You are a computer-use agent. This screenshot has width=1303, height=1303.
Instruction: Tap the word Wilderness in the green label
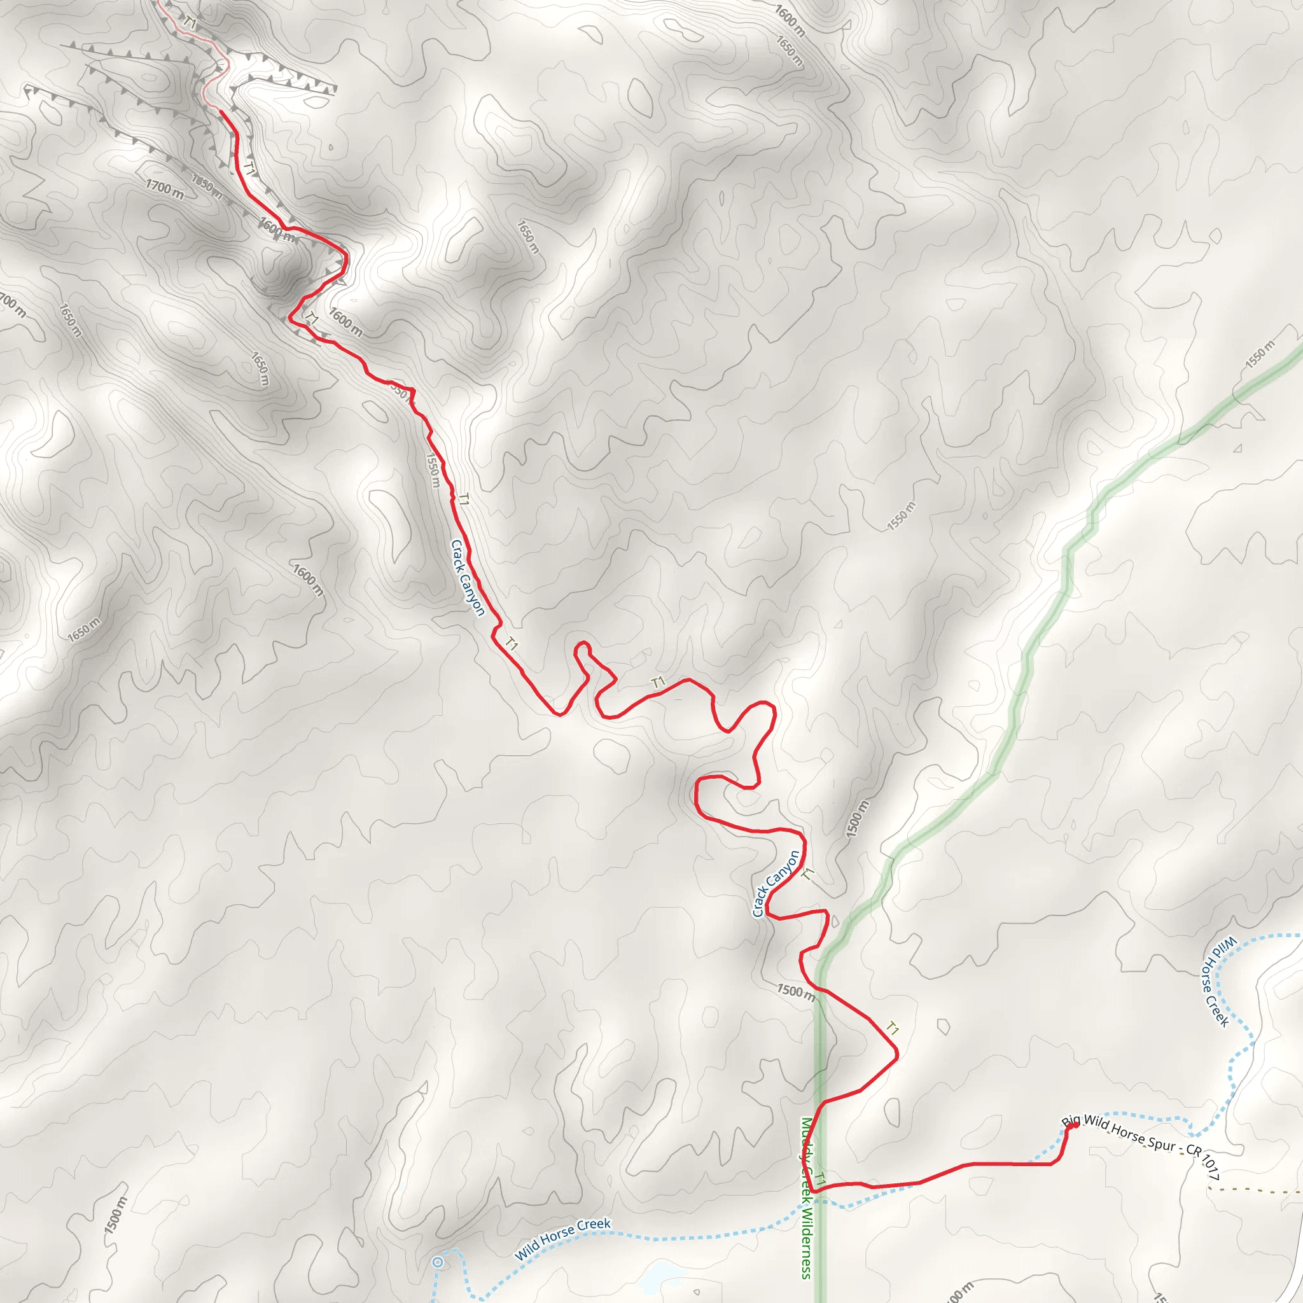click(806, 1244)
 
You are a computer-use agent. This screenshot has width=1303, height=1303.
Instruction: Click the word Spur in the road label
click(1161, 1143)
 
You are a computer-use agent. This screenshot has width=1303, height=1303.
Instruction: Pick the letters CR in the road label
click(1194, 1150)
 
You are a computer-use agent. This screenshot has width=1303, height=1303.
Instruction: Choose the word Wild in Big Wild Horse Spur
click(1096, 1123)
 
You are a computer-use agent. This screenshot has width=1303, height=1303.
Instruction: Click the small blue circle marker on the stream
click(438, 1262)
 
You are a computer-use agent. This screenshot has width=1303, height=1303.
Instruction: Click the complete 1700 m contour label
click(165, 189)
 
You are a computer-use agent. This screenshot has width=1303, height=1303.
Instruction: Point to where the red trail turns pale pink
click(221, 110)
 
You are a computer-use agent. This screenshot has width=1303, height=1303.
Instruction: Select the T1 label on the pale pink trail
click(190, 24)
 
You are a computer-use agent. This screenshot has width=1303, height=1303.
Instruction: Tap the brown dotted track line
click(1255, 1192)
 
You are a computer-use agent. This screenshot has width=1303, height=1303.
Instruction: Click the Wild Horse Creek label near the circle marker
click(562, 1239)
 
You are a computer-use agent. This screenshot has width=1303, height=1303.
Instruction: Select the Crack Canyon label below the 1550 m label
click(468, 577)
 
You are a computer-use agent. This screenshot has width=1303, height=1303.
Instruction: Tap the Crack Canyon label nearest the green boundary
click(776, 884)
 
